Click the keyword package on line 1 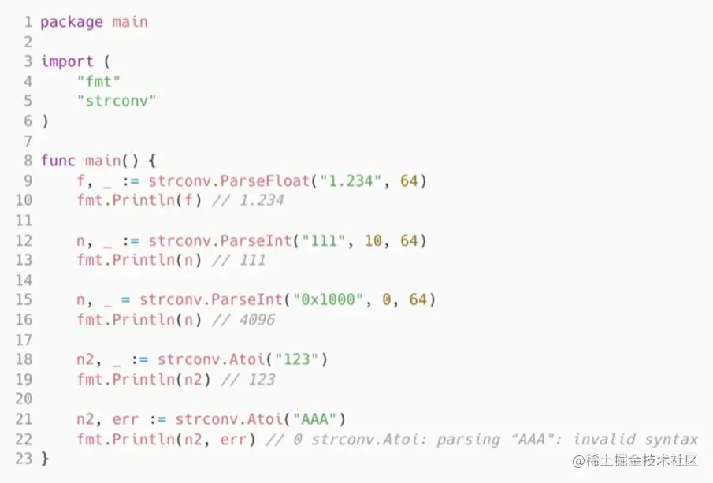point(72,22)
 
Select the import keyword point(67,61)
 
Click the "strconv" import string point(117,101)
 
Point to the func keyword point(58,161)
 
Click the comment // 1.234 point(247,200)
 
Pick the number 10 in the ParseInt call point(373,240)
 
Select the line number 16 point(24,319)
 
